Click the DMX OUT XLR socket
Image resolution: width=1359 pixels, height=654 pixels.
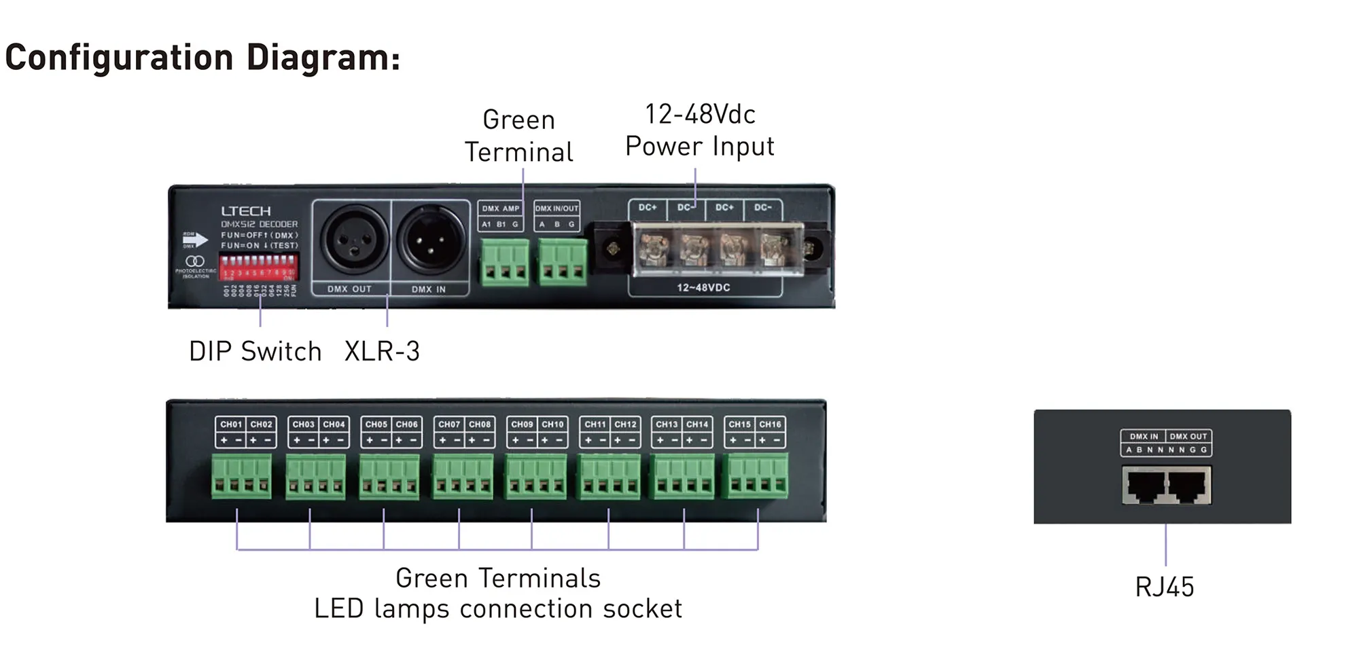353,239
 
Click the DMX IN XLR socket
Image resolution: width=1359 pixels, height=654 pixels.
429,239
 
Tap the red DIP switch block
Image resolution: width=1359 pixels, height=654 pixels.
258,266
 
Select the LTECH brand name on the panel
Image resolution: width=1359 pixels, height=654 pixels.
245,211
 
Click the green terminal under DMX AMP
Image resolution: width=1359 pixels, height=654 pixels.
504,261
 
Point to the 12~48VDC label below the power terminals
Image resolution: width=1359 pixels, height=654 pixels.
703,287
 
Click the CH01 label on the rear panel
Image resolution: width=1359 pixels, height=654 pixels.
231,424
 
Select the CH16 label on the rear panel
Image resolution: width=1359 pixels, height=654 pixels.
770,424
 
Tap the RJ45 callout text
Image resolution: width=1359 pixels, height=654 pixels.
1164,587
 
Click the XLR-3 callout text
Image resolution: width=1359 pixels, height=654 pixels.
382,351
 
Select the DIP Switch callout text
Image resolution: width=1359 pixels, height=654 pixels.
255,351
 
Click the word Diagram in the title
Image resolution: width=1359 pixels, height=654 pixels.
323,57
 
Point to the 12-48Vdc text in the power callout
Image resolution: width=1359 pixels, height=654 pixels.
700,114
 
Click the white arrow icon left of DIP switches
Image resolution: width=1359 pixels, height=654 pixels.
196,239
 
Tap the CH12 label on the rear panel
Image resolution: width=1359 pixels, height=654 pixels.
625,424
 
